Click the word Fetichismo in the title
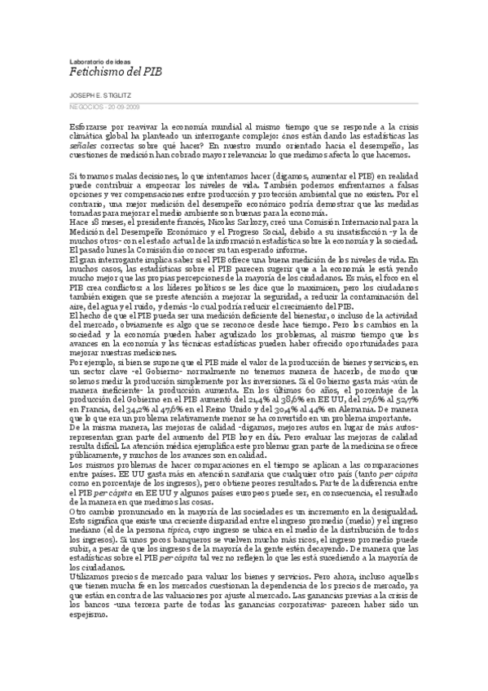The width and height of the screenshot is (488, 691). coord(90,72)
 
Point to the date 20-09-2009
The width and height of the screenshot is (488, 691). coord(118,106)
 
